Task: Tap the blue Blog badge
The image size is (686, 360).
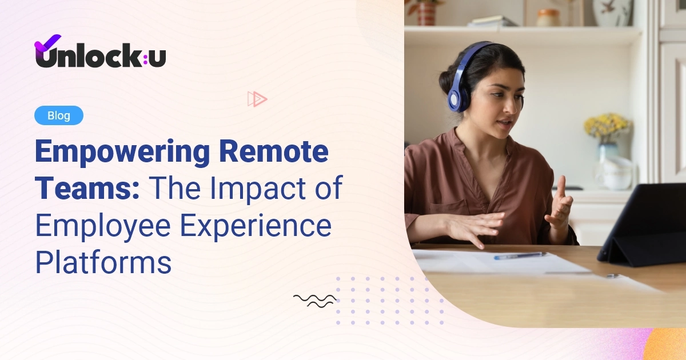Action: (x=59, y=115)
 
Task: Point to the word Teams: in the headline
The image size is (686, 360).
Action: (x=87, y=189)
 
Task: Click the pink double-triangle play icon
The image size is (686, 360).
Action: (x=257, y=99)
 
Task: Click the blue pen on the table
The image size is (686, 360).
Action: (x=520, y=256)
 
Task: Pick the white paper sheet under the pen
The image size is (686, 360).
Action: (x=492, y=262)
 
